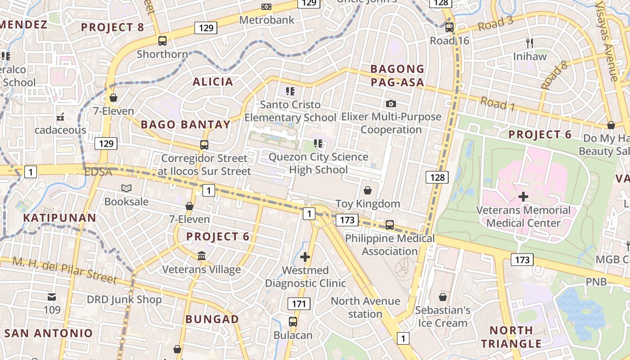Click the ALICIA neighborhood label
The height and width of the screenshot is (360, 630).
tap(213, 82)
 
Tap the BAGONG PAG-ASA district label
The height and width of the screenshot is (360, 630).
tap(397, 76)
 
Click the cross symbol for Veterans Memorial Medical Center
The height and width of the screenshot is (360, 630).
tap(523, 197)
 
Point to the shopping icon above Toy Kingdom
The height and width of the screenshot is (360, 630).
tap(368, 190)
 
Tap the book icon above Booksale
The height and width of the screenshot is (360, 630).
tap(126, 188)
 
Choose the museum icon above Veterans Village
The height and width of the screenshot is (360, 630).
tap(202, 256)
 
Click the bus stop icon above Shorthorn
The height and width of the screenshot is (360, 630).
tap(162, 41)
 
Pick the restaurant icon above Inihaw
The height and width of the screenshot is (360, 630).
tap(530, 43)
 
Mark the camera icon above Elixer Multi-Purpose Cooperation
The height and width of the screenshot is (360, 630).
tap(391, 103)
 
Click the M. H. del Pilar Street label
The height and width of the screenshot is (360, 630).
tap(65, 270)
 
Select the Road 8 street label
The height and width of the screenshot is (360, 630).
tap(554, 78)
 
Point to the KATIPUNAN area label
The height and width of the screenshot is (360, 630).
tap(59, 218)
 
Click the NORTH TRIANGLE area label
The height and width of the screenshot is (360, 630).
tap(511, 337)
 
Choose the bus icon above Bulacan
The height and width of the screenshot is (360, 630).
tap(293, 322)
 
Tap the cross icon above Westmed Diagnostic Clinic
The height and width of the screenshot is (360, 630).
tap(305, 257)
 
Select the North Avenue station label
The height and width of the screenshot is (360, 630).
tap(365, 307)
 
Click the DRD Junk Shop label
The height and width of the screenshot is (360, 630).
tap(124, 300)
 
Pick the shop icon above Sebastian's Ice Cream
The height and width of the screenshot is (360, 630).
tap(443, 297)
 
